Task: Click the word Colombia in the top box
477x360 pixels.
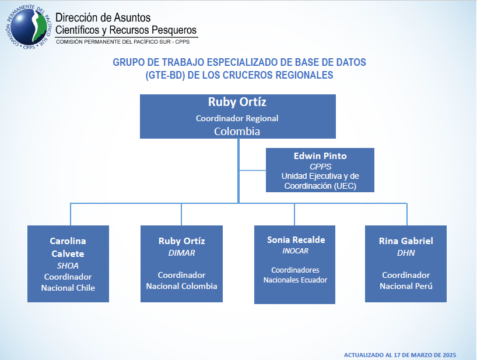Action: coord(237,131)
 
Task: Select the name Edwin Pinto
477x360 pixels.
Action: coord(320,156)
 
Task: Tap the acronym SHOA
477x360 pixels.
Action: coord(68,265)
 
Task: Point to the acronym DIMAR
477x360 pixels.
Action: coord(181,253)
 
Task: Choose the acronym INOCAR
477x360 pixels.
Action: coord(294,251)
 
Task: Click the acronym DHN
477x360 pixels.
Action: coord(406,253)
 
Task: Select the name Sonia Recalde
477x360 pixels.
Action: coord(296,239)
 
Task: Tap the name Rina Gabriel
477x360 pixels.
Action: coord(406,241)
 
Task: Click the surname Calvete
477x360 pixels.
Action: coord(68,253)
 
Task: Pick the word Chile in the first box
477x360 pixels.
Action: coord(83,288)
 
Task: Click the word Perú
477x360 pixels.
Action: coord(423,286)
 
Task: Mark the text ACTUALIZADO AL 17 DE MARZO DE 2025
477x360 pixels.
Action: coord(400,354)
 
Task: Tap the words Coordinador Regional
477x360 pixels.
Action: coord(237,118)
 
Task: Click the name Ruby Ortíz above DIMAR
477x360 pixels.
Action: coord(181,241)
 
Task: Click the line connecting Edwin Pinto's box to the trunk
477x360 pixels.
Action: coord(252,170)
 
